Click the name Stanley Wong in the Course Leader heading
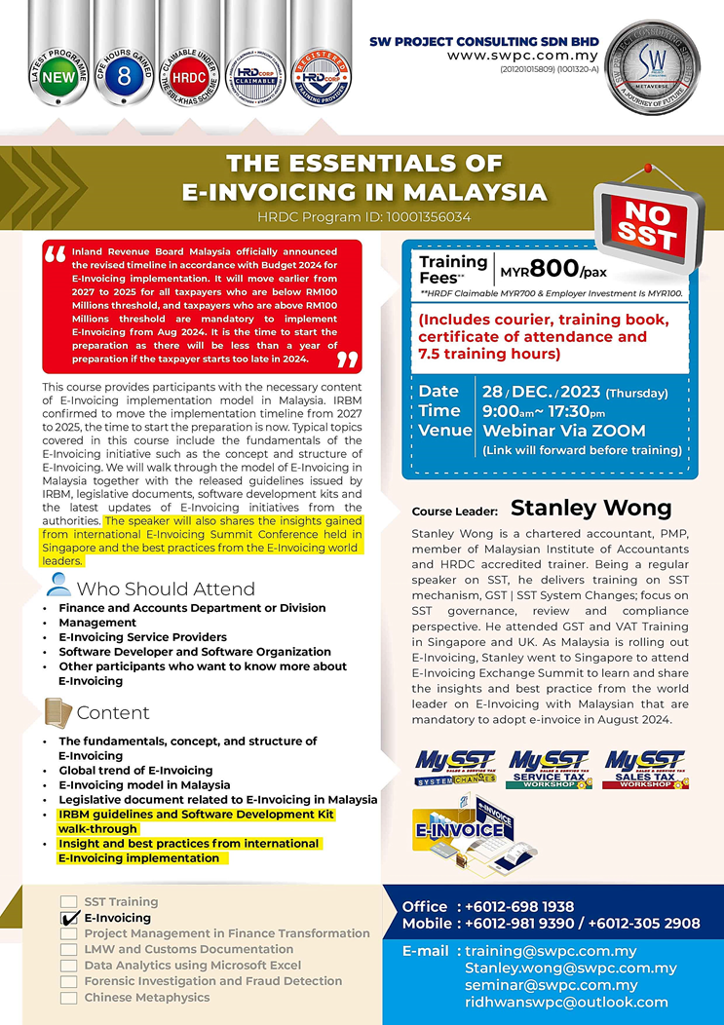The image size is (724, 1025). (x=591, y=509)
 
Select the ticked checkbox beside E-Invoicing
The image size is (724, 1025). (x=68, y=918)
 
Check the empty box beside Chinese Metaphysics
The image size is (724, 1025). (x=68, y=998)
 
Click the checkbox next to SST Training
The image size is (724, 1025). (x=68, y=902)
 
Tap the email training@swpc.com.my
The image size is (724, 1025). (x=551, y=951)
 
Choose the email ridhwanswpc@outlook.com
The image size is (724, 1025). (x=566, y=1002)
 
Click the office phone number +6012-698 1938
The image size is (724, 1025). (x=519, y=906)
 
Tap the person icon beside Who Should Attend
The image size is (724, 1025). (x=58, y=586)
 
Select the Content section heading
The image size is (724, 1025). (x=113, y=713)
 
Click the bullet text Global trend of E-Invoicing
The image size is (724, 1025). (x=135, y=771)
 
